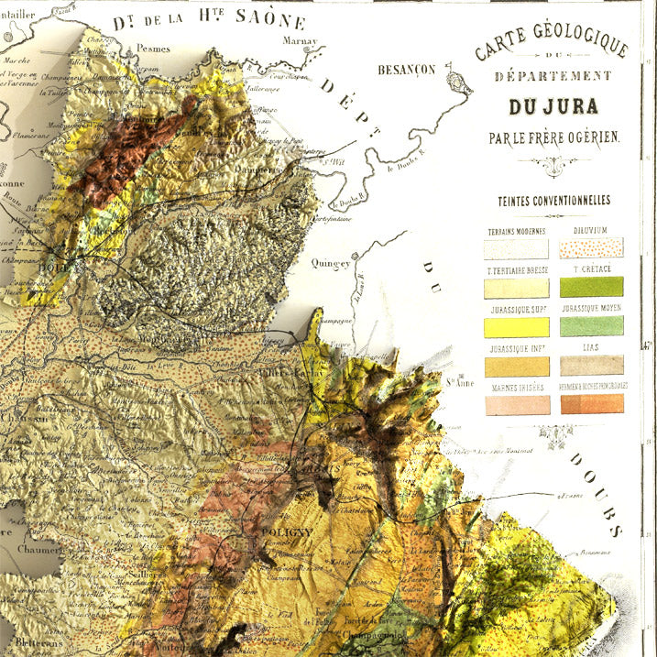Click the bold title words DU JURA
553,105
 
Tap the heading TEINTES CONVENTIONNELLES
553,201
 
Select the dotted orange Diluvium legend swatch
591,248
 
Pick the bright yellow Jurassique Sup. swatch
517,326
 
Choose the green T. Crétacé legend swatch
591,287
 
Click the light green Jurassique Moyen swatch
591,326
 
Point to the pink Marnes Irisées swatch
517,405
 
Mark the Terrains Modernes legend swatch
517,248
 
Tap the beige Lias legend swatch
591,366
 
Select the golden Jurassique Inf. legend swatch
517,366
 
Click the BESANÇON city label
409,69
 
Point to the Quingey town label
331,263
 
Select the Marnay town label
300,41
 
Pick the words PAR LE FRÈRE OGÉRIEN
553,137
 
